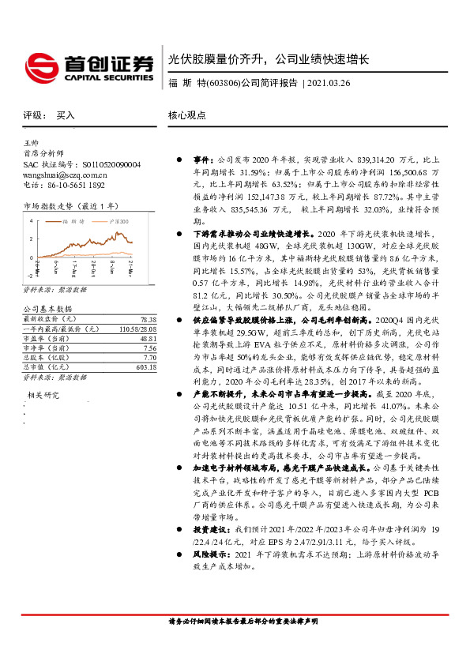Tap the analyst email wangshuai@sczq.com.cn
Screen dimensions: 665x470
tap(66, 175)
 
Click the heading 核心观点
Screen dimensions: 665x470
tap(186, 115)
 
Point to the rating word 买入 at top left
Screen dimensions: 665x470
tap(66, 115)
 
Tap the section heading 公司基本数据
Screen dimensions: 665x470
tap(47, 308)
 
